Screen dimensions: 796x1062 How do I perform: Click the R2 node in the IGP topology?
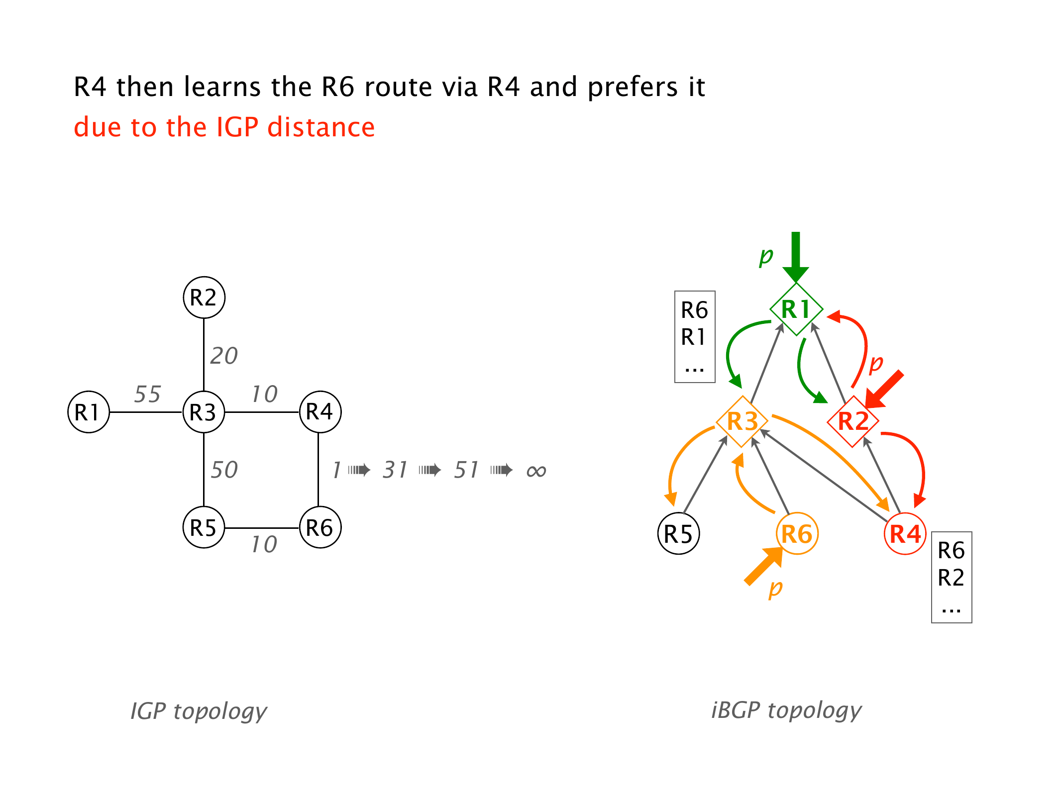click(204, 298)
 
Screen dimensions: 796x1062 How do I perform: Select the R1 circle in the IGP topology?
click(89, 412)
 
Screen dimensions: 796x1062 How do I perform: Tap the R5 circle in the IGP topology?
click(204, 527)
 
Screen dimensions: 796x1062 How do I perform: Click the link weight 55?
click(147, 395)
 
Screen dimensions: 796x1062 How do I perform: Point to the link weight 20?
click(224, 356)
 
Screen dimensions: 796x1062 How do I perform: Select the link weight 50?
click(224, 470)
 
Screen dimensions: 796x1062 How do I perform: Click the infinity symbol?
click(536, 471)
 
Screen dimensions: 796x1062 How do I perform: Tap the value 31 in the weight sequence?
click(395, 470)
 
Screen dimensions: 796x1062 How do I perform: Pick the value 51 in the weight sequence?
click(466, 470)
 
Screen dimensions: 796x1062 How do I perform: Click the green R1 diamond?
click(796, 309)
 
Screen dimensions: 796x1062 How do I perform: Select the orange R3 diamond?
click(742, 421)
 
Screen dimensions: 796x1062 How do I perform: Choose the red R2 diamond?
click(853, 421)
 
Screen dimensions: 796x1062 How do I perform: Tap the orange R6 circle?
click(797, 534)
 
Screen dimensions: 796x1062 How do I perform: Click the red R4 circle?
click(905, 534)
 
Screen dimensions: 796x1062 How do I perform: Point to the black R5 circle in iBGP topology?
click(679, 534)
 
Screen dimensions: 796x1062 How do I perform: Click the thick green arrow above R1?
click(796, 256)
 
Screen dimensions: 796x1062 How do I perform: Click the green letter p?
click(766, 256)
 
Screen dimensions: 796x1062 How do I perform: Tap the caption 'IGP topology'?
click(199, 711)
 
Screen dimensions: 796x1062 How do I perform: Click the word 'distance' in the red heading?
click(321, 127)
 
